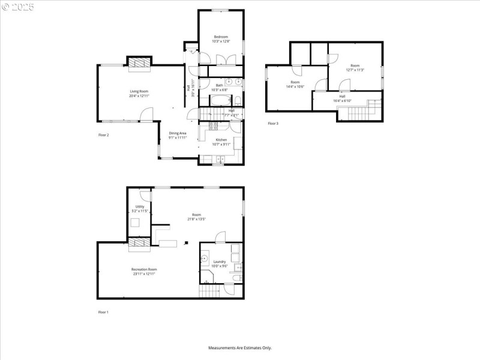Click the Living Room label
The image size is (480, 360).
click(x=139, y=91)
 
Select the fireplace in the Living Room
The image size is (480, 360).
click(x=139, y=61)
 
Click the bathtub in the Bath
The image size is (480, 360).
click(x=219, y=100)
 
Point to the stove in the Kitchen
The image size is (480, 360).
click(x=213, y=126)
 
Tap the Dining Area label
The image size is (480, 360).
click(x=177, y=133)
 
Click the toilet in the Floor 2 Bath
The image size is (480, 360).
click(x=237, y=100)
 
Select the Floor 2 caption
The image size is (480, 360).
click(x=104, y=135)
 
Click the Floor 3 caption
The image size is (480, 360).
click(x=273, y=124)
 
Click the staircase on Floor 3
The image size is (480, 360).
click(x=361, y=112)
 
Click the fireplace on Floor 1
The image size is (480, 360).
click(x=139, y=242)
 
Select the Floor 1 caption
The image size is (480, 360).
click(x=104, y=313)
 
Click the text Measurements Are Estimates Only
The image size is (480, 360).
click(x=240, y=348)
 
